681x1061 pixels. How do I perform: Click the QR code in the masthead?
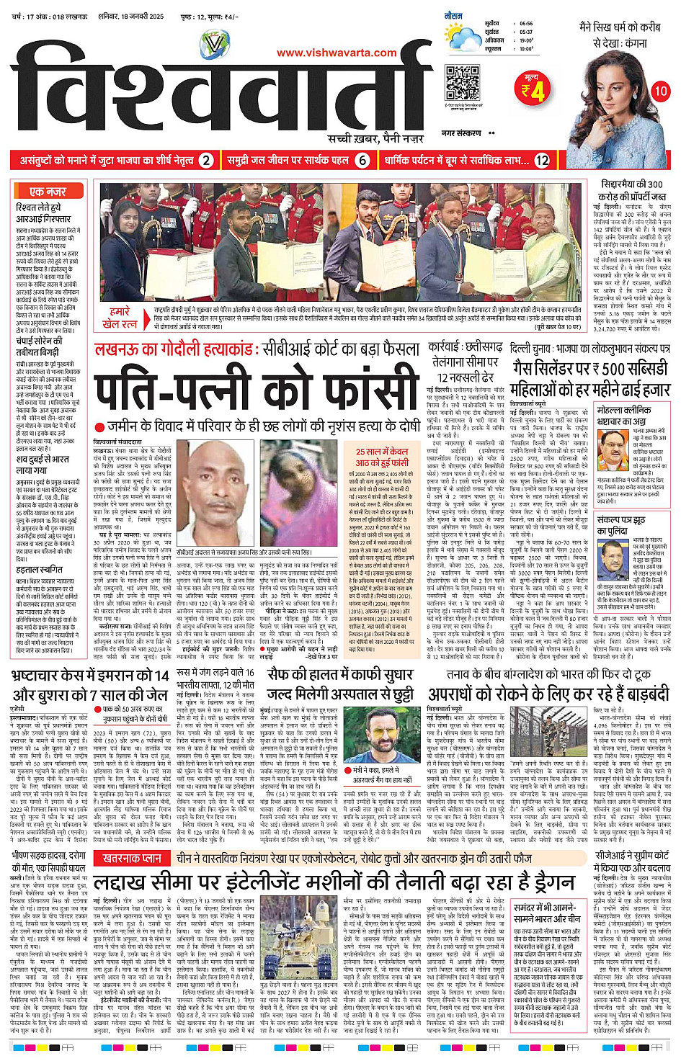pos(462,83)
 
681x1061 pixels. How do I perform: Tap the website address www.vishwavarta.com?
pos(337,53)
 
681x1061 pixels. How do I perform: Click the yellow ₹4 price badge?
pos(533,89)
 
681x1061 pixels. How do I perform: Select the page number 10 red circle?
pos(660,91)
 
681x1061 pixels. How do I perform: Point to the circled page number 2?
pos(206,160)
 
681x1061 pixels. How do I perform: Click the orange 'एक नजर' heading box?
pos(48,191)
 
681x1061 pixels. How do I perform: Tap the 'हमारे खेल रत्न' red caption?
pos(120,318)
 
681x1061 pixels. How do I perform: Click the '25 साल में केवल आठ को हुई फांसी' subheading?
pos(382,457)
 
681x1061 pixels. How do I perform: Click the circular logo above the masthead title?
pos(214,45)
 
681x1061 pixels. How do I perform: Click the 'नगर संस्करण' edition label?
pos(460,133)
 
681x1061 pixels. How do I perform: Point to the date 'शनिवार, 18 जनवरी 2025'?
pos(131,16)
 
